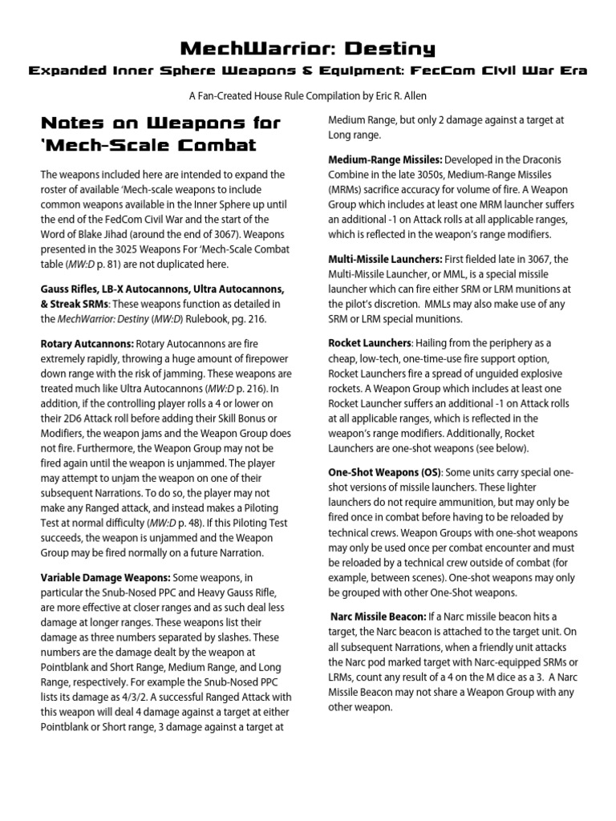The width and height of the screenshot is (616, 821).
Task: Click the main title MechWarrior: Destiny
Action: click(307, 50)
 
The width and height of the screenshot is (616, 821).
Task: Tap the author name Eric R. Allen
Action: click(397, 95)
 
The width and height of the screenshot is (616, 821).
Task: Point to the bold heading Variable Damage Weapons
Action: click(105, 577)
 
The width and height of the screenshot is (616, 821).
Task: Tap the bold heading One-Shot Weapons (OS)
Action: click(380, 472)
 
